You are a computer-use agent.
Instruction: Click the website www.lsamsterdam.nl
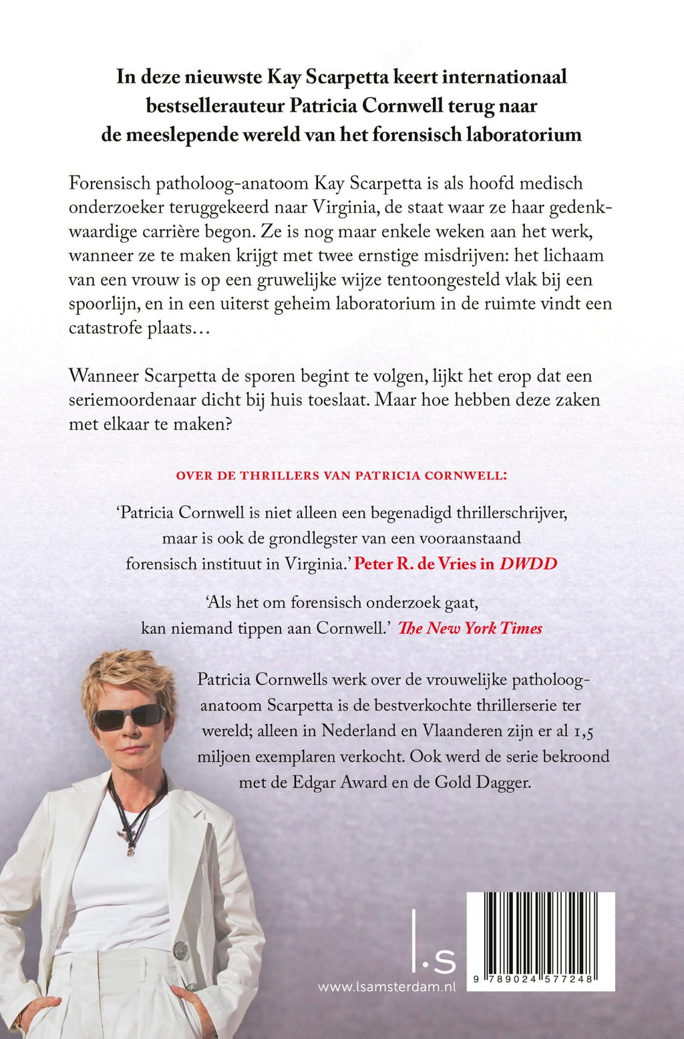coord(387,987)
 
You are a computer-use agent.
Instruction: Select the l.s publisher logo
coord(434,941)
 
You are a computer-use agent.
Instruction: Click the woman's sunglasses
coord(130,717)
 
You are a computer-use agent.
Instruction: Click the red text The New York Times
coord(470,628)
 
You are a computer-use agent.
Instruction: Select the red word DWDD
coord(528,564)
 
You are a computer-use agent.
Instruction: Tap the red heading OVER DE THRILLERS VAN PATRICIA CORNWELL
coord(341,476)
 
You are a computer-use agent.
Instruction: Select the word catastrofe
coord(105,328)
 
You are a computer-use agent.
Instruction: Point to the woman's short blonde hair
coord(127,674)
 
